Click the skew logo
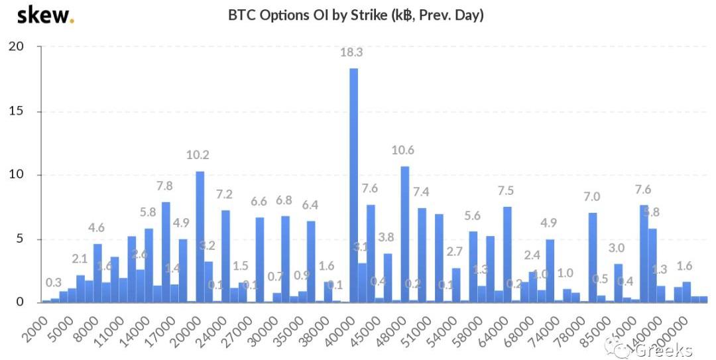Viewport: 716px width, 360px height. point(45,15)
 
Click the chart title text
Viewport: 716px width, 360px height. point(356,15)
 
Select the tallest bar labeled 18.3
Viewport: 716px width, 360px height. point(353,185)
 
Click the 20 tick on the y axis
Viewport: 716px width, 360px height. point(16,46)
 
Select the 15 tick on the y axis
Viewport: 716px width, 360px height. point(16,111)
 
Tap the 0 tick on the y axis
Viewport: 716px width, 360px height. point(20,302)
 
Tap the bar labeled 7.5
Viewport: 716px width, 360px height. point(507,255)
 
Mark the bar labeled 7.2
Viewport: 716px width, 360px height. point(225,256)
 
